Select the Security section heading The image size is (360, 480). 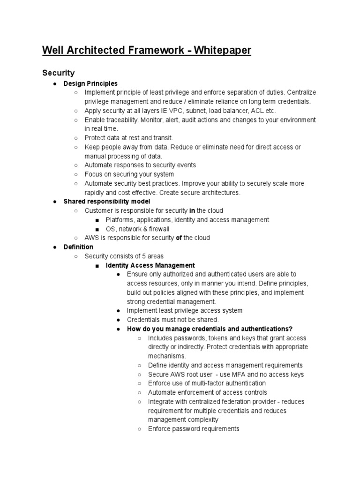58,73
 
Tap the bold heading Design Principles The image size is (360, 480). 90,83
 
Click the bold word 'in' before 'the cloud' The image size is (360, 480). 192,211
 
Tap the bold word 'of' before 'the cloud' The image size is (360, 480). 178,238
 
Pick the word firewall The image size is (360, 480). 158,229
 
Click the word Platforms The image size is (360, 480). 120,220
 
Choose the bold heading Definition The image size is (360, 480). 78,247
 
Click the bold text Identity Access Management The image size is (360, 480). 150,265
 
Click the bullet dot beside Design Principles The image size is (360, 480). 55,84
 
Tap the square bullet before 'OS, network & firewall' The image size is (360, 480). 97,229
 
